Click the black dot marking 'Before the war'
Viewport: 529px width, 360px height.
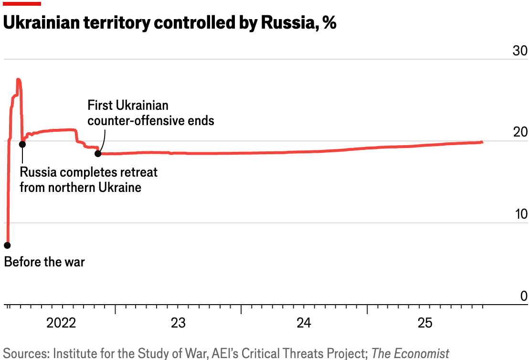tap(7, 245)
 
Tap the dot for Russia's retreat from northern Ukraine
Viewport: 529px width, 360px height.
tap(22, 144)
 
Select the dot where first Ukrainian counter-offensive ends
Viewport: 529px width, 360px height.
tap(98, 153)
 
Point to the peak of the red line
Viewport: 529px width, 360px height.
tap(18, 80)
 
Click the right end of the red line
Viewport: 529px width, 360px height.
tap(482, 142)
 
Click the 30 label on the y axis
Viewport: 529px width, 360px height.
tap(519, 51)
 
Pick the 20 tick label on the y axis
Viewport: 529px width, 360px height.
tap(519, 133)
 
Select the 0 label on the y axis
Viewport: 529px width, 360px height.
tap(524, 296)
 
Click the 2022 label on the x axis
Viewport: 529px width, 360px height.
tap(61, 323)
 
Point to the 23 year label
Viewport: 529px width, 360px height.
tap(178, 323)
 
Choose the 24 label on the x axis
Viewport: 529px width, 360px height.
tap(304, 323)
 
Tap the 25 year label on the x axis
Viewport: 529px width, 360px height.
tap(425, 323)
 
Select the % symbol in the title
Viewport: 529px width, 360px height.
tap(329, 22)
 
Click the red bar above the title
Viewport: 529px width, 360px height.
tap(21, 3)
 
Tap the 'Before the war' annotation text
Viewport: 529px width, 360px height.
tap(44, 262)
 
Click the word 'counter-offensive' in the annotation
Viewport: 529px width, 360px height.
tap(136, 120)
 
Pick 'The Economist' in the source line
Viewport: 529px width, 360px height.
tap(410, 353)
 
